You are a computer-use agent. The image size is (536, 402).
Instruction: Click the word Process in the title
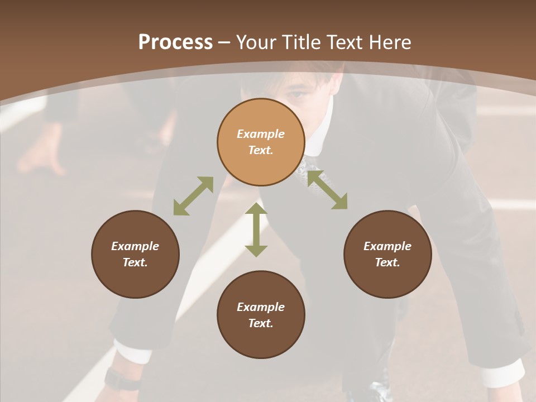(175, 42)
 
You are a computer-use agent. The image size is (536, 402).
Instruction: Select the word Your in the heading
(256, 42)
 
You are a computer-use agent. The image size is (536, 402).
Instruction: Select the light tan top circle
(261, 142)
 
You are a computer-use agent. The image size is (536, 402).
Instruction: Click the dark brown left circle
(135, 254)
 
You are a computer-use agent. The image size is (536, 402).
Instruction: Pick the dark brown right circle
(387, 254)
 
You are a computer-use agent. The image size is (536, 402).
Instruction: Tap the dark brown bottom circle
(261, 315)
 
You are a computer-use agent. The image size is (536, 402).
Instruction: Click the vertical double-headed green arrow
(256, 230)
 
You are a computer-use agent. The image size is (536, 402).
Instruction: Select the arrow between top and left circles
(193, 196)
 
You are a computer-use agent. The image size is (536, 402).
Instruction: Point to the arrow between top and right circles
(327, 190)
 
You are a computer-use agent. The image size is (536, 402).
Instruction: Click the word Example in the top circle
(261, 134)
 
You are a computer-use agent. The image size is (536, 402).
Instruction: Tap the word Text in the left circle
(135, 262)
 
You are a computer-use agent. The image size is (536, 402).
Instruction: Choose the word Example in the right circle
(387, 246)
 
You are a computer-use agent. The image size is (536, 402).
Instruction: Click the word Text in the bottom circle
(261, 323)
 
